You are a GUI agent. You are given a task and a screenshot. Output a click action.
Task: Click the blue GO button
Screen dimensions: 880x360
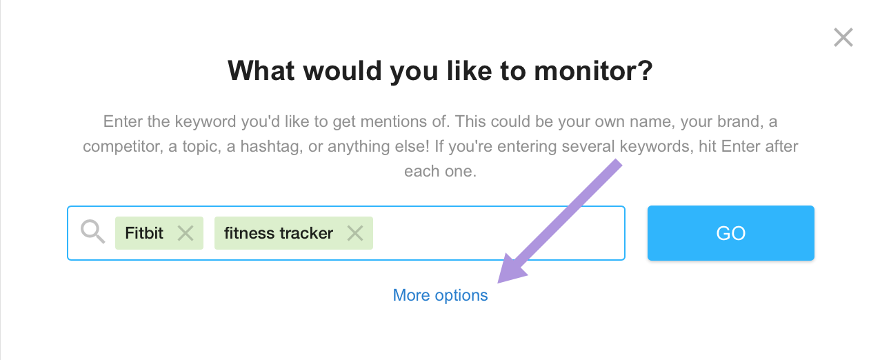pos(731,233)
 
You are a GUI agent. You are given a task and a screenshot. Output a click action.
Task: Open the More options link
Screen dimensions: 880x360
pos(440,295)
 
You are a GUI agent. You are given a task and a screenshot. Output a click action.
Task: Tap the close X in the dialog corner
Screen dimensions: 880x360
pos(843,37)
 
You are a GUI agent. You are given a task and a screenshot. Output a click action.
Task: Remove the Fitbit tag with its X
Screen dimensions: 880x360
pos(186,233)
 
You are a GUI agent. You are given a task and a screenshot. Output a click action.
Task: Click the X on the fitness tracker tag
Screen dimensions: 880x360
pos(355,233)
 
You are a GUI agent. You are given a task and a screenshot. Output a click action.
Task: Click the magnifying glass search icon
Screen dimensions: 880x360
pos(92,232)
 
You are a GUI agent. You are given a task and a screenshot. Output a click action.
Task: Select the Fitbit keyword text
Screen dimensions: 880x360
pos(143,233)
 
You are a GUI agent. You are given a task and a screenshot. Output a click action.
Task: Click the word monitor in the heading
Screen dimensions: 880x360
pos(593,71)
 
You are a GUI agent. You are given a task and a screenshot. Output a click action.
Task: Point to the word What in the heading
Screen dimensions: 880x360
pos(261,71)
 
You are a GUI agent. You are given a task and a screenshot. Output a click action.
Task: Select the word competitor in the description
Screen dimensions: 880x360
pos(123,147)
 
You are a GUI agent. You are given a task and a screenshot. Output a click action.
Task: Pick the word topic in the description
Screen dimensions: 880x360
pos(201,147)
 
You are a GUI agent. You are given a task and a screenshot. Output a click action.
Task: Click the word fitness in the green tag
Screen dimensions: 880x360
pos(249,233)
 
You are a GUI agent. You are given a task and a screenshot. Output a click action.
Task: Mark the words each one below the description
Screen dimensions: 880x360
pos(440,171)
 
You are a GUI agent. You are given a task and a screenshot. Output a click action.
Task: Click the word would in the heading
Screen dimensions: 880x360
pos(343,71)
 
